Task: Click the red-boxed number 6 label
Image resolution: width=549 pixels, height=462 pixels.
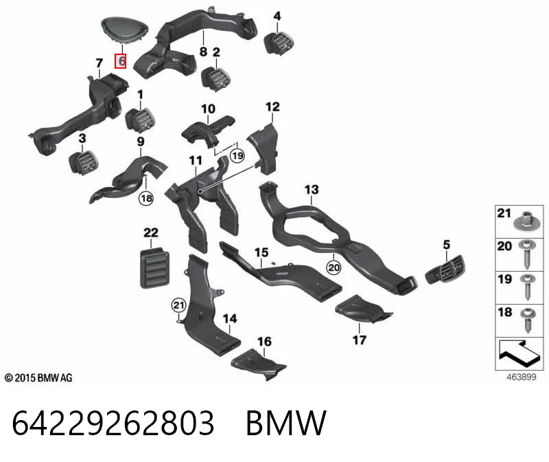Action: click(x=121, y=61)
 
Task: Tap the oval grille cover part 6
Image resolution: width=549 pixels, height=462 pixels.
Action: click(x=125, y=30)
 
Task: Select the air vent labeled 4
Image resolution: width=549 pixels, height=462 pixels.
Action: click(x=279, y=43)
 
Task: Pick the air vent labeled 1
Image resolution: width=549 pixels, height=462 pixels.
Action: click(x=140, y=119)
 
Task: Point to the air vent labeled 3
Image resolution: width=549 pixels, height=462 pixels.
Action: click(x=83, y=162)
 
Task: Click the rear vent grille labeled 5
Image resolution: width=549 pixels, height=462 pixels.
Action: click(x=445, y=269)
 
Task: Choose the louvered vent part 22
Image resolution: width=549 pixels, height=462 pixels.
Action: click(x=154, y=267)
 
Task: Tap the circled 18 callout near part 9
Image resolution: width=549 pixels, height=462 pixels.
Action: click(x=146, y=199)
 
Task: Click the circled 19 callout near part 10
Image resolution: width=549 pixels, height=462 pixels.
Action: click(x=237, y=155)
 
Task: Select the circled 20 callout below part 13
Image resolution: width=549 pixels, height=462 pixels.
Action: click(x=334, y=267)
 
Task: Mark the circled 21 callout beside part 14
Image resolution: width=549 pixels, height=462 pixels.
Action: click(x=178, y=305)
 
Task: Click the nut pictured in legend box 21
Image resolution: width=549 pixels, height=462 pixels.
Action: click(x=524, y=221)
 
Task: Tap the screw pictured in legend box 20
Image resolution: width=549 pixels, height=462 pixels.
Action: click(x=527, y=254)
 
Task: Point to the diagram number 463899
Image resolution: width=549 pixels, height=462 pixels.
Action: click(x=522, y=377)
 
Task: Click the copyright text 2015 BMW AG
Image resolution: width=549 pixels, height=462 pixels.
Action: click(x=38, y=378)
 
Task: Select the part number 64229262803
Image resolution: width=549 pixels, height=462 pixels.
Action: click(x=113, y=423)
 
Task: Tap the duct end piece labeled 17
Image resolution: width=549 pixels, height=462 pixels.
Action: click(x=364, y=309)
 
